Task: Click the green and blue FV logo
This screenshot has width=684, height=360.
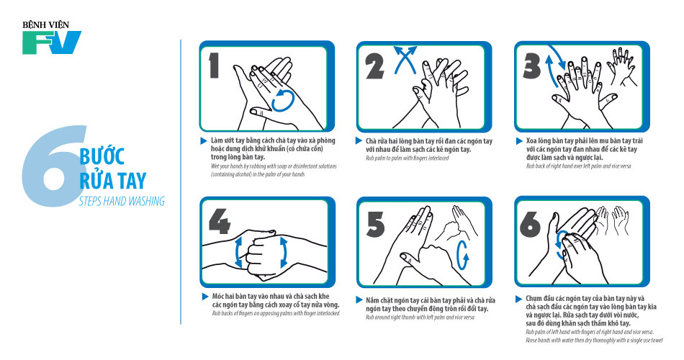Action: pos(52,42)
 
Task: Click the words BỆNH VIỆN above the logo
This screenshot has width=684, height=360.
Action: pos(46,25)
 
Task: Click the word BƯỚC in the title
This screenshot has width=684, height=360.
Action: pos(102,156)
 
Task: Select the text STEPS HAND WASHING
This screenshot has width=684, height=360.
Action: pos(122,201)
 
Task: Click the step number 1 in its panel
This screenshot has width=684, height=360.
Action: pos(214,66)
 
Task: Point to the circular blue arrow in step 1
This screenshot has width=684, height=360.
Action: pos(284,100)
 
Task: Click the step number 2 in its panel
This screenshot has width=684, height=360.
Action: pos(374,66)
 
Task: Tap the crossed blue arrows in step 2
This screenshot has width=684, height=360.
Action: pos(405,59)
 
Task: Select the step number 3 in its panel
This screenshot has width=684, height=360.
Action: pos(532,66)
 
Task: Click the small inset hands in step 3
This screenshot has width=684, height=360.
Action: pos(621,66)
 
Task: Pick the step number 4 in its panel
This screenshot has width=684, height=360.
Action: pos(219,221)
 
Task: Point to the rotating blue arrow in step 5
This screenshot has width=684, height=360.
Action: pos(462,256)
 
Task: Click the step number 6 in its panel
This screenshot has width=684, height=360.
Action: pos(530,225)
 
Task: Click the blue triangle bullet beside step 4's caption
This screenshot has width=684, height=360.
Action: pos(205,297)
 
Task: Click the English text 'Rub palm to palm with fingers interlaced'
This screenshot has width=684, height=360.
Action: pos(407,158)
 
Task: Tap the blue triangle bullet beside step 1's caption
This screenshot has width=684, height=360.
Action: pos(204,141)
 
